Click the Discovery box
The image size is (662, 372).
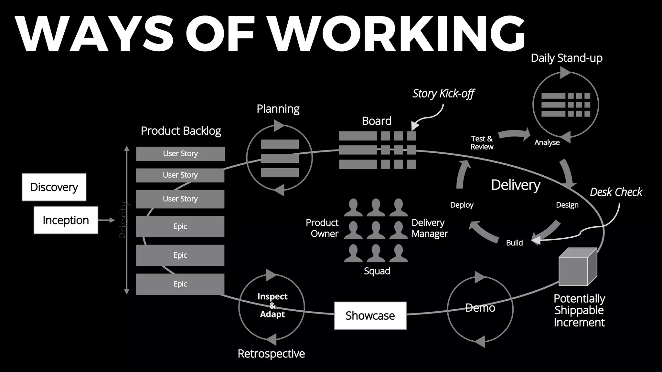pos(54,187)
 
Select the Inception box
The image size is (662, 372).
pos(66,220)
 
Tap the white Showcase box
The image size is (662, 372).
pos(370,315)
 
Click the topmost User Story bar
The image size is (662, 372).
pos(180,154)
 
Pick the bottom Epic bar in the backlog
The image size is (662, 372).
pos(180,284)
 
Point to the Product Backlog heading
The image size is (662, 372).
pos(181,131)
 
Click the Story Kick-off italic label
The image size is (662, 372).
pos(443,94)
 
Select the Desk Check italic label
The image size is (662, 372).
pos(616,192)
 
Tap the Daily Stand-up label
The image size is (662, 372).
pos(566,58)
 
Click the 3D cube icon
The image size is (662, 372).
pos(577,267)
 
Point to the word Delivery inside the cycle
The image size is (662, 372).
pos(516,185)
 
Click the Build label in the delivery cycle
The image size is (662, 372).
pos(514,243)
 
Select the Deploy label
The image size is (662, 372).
pos(462,205)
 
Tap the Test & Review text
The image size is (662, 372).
pos(482,143)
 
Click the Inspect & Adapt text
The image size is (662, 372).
pos(272,305)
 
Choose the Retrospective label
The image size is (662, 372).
pos(271,354)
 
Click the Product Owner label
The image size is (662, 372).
pos(322,228)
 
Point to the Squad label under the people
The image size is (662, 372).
pos(377,271)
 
